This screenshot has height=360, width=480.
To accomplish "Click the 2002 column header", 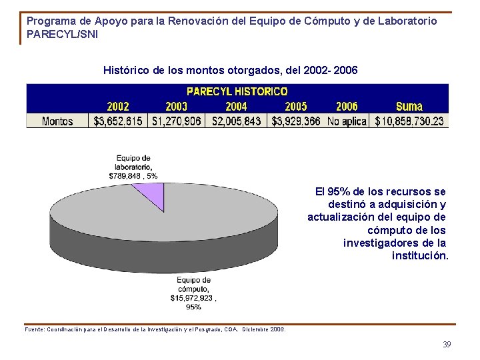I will pos(118,107).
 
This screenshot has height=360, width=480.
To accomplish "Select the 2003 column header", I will pos(176,107).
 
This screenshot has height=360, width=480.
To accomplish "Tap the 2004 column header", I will pos(236,107).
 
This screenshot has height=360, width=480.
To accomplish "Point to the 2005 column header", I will pos(296,107).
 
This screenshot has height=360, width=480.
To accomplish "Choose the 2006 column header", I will pos(347,107).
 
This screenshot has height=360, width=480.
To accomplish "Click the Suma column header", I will pos(409,107).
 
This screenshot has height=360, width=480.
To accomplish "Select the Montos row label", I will pos(57,121).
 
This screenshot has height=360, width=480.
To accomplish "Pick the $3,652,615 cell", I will pos(118,121).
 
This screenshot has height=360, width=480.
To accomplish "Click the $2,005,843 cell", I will pos(237,121).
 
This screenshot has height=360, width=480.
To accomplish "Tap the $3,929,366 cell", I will pos(295,121).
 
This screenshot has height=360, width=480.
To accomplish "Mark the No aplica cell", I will pos(347,121).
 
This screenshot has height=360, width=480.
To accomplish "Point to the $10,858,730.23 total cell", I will pos(409,121).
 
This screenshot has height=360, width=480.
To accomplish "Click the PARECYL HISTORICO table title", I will pos(237,91).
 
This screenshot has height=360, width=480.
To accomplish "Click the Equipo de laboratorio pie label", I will pos(133,167).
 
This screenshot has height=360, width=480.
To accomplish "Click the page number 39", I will pos(447,344).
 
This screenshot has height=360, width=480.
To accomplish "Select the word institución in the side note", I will pos(420,255).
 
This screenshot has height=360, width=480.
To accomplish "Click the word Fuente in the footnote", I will pos(35,329).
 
